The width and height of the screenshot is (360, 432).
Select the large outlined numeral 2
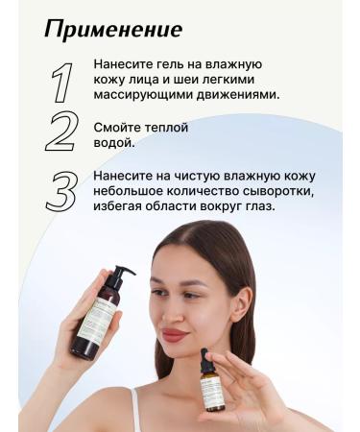pyautogui.click(x=61, y=133)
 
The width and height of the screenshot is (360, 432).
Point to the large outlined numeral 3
pyautogui.click(x=61, y=190)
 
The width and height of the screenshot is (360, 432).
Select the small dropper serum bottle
pyautogui.click(x=214, y=384)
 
